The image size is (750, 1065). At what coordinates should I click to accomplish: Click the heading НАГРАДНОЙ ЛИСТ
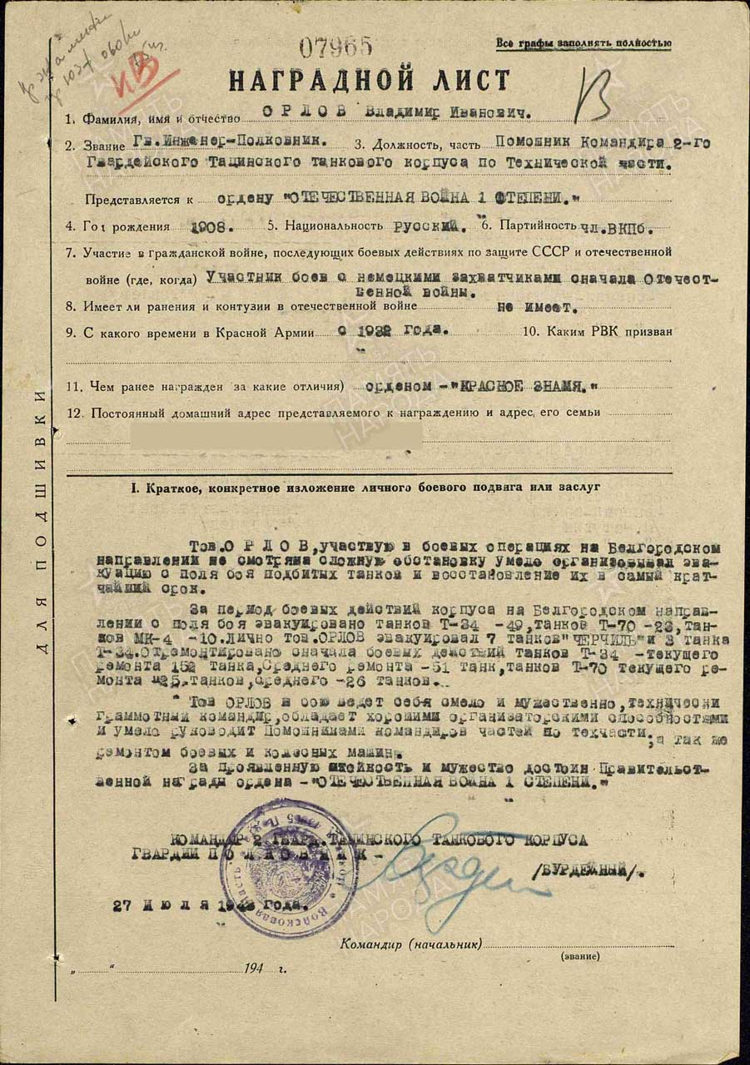pos(369,81)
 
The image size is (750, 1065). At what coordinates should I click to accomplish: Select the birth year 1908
pos(211,225)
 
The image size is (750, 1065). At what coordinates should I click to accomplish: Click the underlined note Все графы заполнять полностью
pos(584,43)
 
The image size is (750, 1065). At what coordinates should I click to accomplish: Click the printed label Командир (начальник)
pos(411,944)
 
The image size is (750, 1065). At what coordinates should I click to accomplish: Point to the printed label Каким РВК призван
pos(609,332)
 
